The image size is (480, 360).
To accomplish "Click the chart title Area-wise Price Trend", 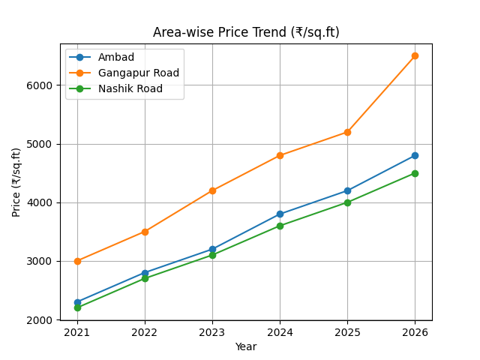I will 246,32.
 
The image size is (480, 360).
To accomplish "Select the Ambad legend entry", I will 116,58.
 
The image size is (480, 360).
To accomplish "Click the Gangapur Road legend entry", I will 138,73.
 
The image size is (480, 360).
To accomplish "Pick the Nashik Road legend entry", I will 130,89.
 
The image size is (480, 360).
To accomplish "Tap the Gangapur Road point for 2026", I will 415,55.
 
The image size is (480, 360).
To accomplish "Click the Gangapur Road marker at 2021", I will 77,261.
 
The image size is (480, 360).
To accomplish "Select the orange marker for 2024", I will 280,155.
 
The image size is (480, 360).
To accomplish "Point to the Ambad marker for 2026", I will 415,155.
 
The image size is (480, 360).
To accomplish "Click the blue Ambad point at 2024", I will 280,214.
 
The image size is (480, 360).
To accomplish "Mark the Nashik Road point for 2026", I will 415,173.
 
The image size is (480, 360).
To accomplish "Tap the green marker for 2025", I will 347,202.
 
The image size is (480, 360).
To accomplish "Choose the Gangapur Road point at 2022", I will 145,232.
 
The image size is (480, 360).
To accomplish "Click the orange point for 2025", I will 347,132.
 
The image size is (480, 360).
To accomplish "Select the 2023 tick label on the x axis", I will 212,332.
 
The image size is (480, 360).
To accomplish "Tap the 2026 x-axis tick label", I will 415,332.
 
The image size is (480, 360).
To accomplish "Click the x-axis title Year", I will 246,346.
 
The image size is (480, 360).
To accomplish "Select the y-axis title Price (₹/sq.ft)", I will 16,182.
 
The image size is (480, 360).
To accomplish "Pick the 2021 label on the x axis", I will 77,332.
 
